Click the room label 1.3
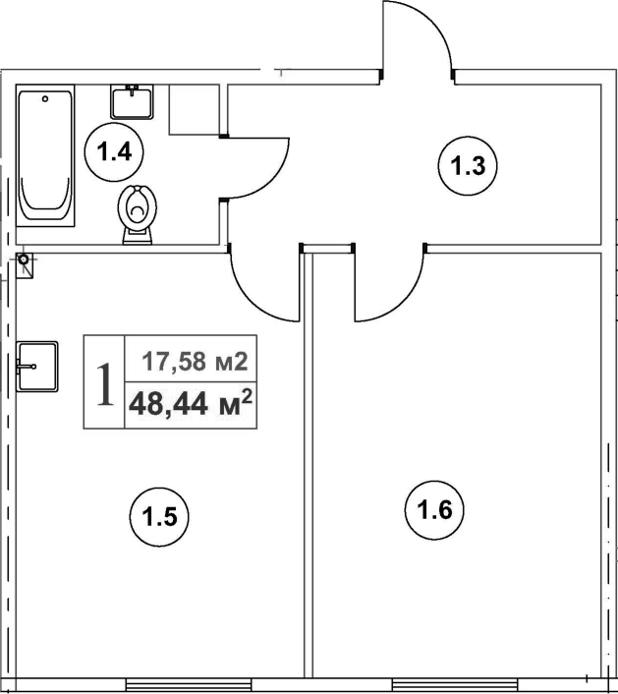(x=469, y=166)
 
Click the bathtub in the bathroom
(x=46, y=156)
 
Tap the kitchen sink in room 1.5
(x=36, y=367)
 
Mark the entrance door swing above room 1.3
(x=417, y=39)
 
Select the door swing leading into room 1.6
(x=389, y=285)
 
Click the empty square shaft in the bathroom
(x=194, y=108)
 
